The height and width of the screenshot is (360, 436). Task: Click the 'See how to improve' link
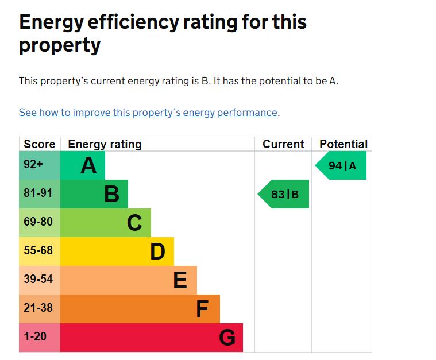coord(148,113)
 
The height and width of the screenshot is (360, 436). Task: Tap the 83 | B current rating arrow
coord(283,194)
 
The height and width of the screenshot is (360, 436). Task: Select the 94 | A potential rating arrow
coord(341,165)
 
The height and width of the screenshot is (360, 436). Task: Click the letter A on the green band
coord(88,165)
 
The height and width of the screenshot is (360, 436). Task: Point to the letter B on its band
coord(112,194)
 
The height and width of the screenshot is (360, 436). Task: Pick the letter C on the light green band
coord(134,223)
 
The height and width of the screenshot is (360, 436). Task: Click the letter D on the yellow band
coord(157,251)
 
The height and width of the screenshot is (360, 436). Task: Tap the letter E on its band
coord(180,280)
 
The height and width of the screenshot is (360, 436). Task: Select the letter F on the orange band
coord(202,308)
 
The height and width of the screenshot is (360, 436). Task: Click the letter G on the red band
coord(227,337)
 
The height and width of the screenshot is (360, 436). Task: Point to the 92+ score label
coord(33,164)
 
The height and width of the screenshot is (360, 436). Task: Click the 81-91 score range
coord(38,193)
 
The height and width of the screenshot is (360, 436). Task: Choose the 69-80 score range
coord(38,222)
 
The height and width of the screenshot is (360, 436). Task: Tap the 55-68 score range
coord(38,250)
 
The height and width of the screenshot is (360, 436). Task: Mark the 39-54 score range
coord(38,279)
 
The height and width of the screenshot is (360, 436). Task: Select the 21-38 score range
coord(38,308)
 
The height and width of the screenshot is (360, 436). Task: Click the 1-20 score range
coord(35,336)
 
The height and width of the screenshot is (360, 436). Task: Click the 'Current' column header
coord(283,144)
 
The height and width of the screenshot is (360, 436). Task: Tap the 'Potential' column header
coord(344,144)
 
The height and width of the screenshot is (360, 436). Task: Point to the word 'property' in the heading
coord(60,45)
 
